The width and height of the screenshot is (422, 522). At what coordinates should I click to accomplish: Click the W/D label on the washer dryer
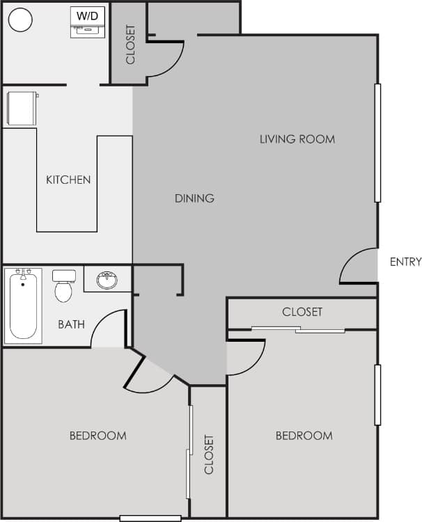point(87,15)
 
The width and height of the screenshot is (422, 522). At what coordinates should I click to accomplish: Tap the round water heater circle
point(21,19)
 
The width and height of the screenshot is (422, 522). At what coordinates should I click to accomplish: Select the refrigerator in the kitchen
point(22,109)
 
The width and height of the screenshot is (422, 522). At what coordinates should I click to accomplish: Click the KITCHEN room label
point(68,180)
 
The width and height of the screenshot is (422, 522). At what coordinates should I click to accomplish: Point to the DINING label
point(194,198)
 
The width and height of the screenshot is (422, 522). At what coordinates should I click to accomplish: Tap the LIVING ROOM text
point(297,139)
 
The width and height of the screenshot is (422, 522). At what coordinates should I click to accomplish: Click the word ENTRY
point(405,262)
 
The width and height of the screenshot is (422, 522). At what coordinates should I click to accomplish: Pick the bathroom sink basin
point(107,280)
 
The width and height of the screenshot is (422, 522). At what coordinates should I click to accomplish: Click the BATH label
point(71,324)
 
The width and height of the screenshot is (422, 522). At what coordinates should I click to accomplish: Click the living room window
point(377,143)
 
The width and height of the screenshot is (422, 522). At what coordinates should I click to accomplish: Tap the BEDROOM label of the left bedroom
point(97,436)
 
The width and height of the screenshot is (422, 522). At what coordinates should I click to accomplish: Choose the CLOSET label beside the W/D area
point(130,45)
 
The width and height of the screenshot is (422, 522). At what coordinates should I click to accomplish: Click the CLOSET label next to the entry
point(302,312)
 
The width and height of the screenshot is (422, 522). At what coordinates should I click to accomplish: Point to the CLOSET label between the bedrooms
point(209,454)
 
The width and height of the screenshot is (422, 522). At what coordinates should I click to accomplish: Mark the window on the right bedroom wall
point(377,395)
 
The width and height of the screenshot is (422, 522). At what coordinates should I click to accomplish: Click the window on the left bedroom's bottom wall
point(150,518)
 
